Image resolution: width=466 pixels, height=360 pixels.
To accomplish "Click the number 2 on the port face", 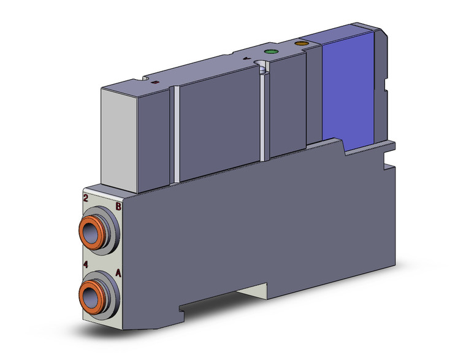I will tap(86, 197).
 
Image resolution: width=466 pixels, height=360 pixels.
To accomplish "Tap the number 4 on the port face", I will tap(86, 265).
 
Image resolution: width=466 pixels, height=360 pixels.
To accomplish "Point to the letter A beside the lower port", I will tap(118, 274).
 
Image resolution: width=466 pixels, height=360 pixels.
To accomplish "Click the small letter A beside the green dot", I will tap(248, 59).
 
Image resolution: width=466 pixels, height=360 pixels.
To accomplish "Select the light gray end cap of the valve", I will tap(120, 135).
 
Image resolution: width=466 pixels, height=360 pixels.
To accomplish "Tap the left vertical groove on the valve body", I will tap(176, 135).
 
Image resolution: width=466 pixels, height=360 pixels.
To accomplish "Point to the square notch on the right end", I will tap(387, 165).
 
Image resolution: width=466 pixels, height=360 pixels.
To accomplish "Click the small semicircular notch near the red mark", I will tap(145, 79).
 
